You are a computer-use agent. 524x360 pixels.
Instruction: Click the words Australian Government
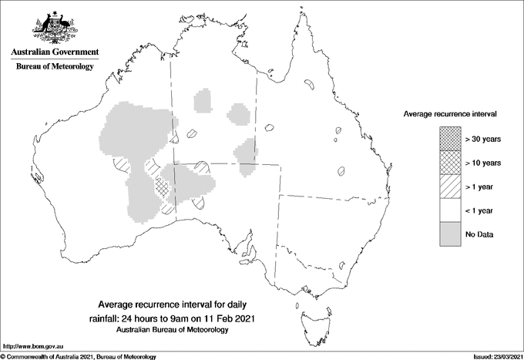pyautogui.click(x=55, y=52)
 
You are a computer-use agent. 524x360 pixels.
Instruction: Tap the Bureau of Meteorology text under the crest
pyautogui.click(x=55, y=67)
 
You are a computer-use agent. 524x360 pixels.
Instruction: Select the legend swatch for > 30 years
pyautogui.click(x=451, y=139)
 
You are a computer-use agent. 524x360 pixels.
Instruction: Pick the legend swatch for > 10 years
pyautogui.click(x=451, y=163)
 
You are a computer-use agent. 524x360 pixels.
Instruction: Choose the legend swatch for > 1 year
pyautogui.click(x=451, y=187)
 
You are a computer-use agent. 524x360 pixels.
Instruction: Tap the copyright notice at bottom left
pyautogui.click(x=79, y=356)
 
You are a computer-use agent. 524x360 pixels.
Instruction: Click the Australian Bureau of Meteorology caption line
pyautogui.click(x=172, y=329)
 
